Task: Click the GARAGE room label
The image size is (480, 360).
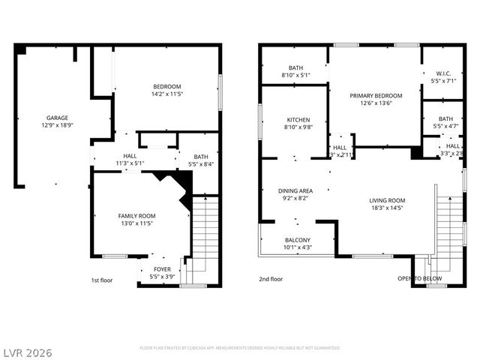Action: pyautogui.click(x=57, y=118)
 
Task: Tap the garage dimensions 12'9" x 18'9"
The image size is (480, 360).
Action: pyautogui.click(x=57, y=126)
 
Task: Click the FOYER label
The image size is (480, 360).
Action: pyautogui.click(x=162, y=268)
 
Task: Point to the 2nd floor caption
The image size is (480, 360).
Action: pyautogui.click(x=271, y=279)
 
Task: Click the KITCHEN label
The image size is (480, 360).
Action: pyautogui.click(x=298, y=120)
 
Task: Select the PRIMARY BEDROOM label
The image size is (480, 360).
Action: pyautogui.click(x=376, y=96)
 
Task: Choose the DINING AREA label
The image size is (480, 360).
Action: pyautogui.click(x=295, y=191)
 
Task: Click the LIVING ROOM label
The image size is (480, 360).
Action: pyautogui.click(x=387, y=200)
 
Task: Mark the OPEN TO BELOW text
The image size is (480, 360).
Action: pyautogui.click(x=420, y=279)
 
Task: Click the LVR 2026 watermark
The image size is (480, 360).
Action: pyautogui.click(x=27, y=352)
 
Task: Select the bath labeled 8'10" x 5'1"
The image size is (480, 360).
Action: pyautogui.click(x=295, y=71)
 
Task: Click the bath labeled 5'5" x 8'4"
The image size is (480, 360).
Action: pyautogui.click(x=200, y=160)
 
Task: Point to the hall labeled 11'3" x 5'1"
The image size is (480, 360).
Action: pyautogui.click(x=130, y=159)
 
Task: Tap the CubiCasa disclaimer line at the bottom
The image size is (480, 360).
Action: pyautogui.click(x=240, y=348)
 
